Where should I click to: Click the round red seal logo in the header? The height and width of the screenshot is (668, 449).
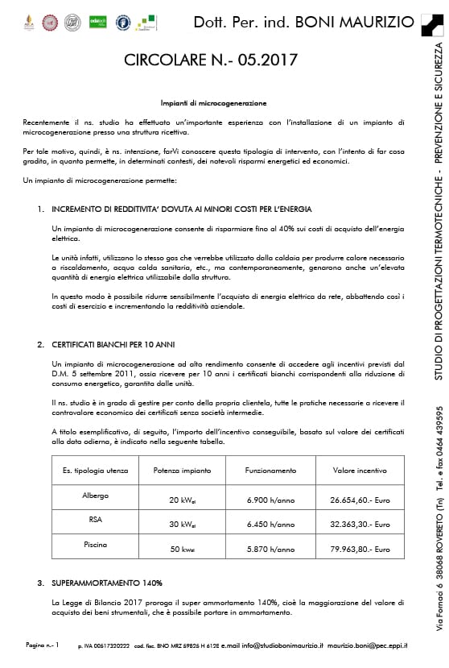click(x=51, y=22)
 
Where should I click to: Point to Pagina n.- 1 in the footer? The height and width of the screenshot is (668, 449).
click(x=43, y=645)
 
